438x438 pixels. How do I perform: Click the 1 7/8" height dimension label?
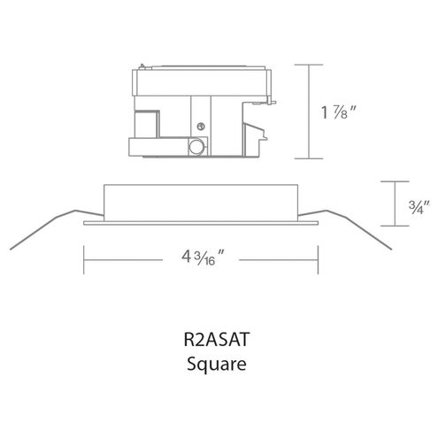coord(339,112)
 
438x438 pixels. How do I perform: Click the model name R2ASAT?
coord(217,339)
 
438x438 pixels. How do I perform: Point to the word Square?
coord(217,365)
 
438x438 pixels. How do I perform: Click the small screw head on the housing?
coord(201,127)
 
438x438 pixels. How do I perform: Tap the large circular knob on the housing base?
coord(196,147)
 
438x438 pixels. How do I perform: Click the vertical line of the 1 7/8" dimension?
coord(309,111)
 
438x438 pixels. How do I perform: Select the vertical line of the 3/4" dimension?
coord(395,204)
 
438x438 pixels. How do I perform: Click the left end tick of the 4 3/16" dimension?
coord(84,260)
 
